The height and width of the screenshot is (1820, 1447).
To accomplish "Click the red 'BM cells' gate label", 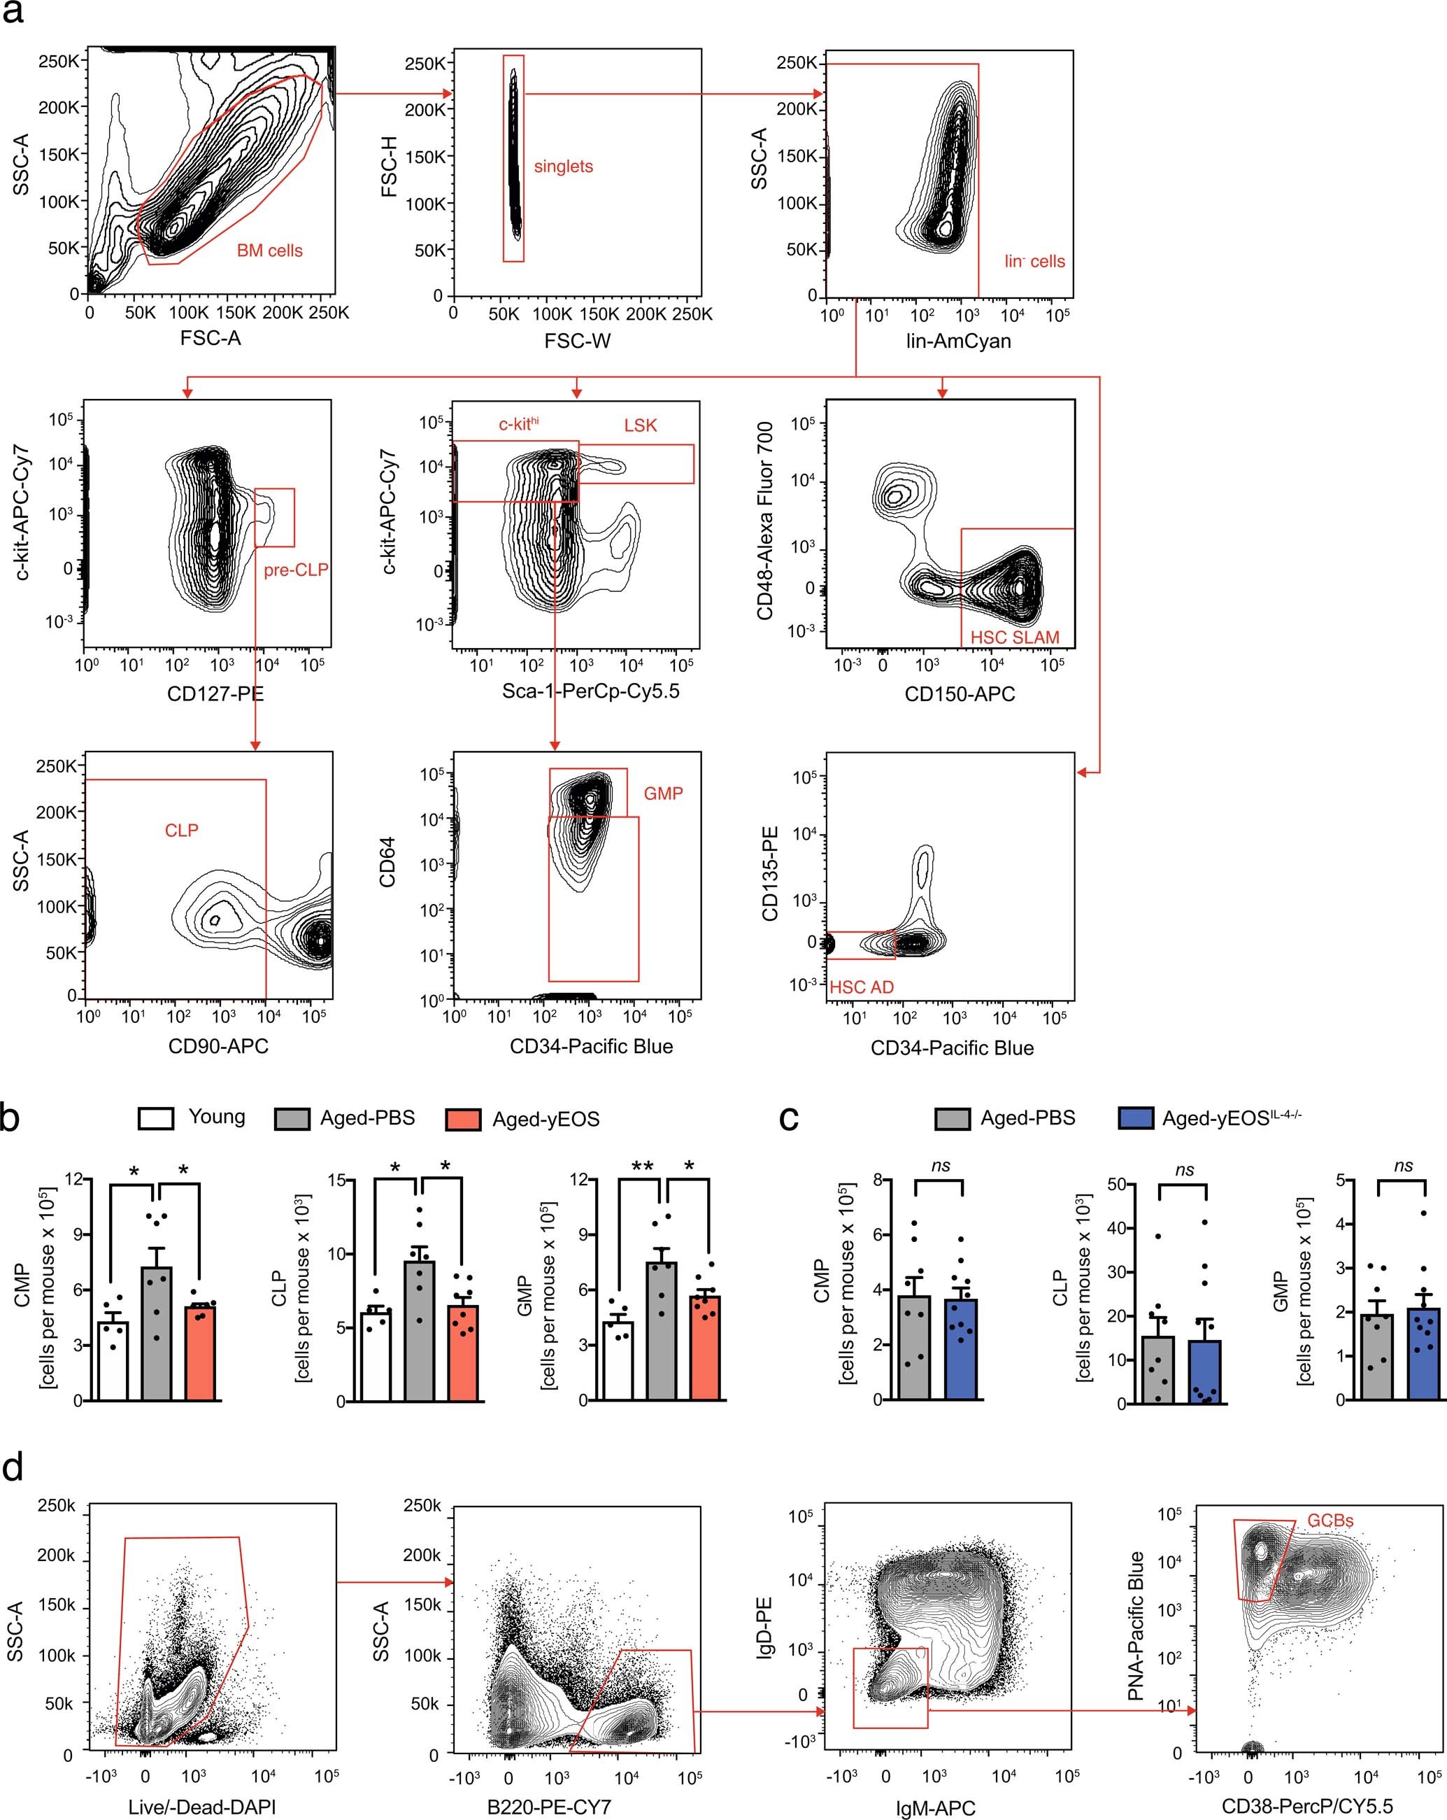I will (269, 251).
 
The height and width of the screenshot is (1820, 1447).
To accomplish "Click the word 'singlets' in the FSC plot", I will (563, 167).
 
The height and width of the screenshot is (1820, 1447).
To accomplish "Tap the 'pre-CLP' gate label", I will (295, 570).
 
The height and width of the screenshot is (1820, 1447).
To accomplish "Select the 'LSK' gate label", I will (641, 425).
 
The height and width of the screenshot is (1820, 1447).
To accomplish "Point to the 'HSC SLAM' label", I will (1014, 637).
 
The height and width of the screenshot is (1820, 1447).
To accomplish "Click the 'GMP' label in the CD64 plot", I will (663, 793).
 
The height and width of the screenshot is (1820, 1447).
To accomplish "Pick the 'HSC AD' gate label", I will (862, 987).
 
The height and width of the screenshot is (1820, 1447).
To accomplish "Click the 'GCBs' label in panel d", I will (1331, 1521).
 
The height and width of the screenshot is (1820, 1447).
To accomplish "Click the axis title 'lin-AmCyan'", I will (957, 341).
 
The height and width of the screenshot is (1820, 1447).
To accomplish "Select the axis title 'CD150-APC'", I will (960, 694).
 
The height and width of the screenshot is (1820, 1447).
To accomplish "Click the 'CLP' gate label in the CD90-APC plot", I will (181, 831).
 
